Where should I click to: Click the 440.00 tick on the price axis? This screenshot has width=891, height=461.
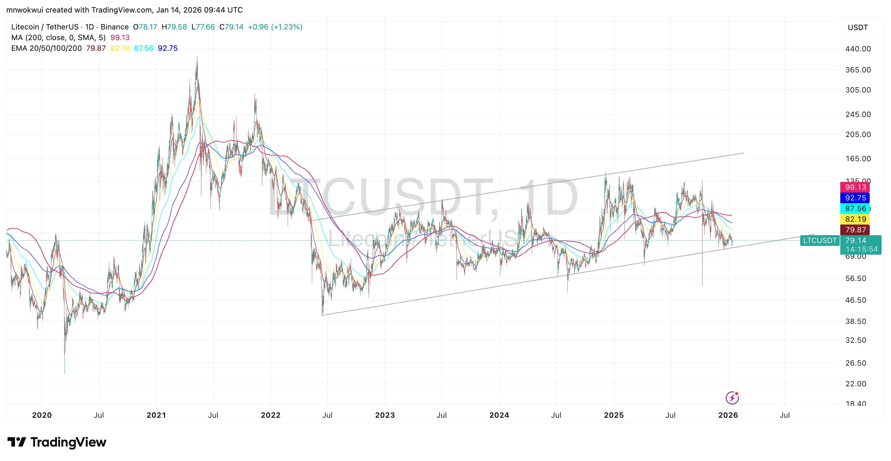858,49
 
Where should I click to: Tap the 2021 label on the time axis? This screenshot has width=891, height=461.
156,415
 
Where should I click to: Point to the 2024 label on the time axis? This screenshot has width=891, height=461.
499,415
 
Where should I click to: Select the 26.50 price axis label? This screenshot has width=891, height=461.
855,363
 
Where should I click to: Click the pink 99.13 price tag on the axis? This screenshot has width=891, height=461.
855,187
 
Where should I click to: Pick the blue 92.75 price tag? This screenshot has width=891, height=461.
855,198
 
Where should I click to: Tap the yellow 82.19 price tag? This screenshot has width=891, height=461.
855,219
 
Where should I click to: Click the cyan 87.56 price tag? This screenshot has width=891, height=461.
855,209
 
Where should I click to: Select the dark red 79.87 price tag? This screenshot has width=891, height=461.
855,230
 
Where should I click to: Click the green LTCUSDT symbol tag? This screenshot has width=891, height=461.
819,240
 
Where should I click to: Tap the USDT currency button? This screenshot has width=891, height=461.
858,28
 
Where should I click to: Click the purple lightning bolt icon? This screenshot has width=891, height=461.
732,398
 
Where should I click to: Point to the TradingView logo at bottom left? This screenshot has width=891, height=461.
57,442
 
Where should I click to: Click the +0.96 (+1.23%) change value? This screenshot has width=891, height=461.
275,27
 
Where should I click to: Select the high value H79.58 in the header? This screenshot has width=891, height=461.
174,27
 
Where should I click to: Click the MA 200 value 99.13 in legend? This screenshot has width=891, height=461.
120,37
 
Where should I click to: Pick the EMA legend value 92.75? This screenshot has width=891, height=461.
168,48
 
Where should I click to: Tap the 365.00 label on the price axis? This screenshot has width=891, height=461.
858,70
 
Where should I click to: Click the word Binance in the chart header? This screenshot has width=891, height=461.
115,27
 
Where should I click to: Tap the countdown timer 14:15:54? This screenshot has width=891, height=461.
861,249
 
